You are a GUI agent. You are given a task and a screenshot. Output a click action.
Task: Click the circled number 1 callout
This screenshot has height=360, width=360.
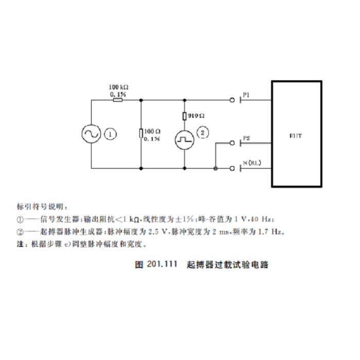[x=111, y=134]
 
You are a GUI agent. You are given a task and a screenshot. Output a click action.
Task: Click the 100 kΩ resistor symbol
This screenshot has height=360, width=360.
[x=118, y=100]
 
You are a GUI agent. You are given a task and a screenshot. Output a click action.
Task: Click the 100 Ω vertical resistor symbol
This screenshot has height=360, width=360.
[x=141, y=134]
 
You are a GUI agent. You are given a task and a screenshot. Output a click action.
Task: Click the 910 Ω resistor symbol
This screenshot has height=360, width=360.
[x=184, y=116]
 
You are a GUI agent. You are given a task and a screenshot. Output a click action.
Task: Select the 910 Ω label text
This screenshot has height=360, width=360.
[x=197, y=116]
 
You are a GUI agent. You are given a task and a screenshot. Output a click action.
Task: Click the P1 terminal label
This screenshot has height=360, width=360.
[x=246, y=95]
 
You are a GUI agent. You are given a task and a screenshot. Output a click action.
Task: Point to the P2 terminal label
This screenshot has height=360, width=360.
[x=247, y=138]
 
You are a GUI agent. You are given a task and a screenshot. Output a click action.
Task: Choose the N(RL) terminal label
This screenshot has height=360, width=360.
[x=252, y=163]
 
